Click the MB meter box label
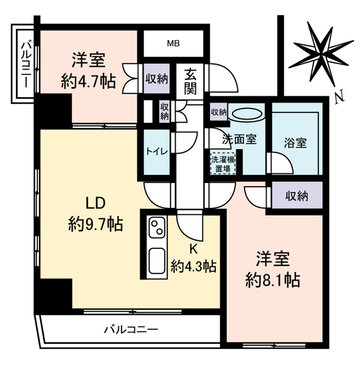[x=174, y=43]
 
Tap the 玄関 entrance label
[x=190, y=82]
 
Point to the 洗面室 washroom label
[x=239, y=138]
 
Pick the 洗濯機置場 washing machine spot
[x=223, y=163]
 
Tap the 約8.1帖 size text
[x=272, y=280]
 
